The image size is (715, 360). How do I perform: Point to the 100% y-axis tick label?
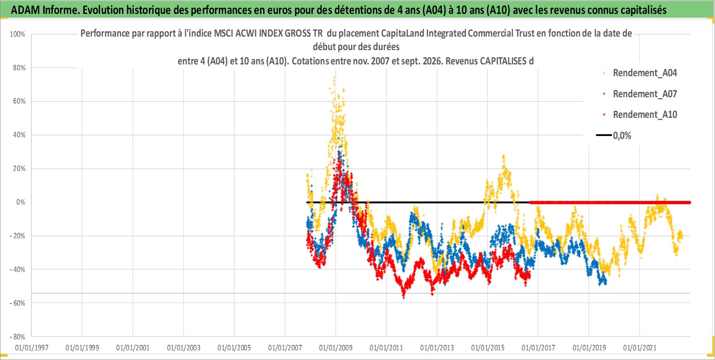(17, 34)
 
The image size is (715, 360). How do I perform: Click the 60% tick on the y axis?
(19, 101)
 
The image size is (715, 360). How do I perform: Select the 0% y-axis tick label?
(21, 202)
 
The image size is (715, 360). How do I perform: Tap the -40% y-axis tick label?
(18, 269)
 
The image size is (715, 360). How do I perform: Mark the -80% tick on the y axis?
(18, 337)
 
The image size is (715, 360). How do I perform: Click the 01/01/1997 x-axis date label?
(32, 347)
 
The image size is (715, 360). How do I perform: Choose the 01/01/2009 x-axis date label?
(336, 347)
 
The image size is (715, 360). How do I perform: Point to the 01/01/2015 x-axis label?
(488, 347)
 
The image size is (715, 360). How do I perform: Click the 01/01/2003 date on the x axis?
(184, 347)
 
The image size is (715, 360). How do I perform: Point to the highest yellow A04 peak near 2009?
(334, 77)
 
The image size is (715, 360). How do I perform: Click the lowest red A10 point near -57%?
(404, 297)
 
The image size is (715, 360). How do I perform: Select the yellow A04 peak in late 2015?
(503, 156)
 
